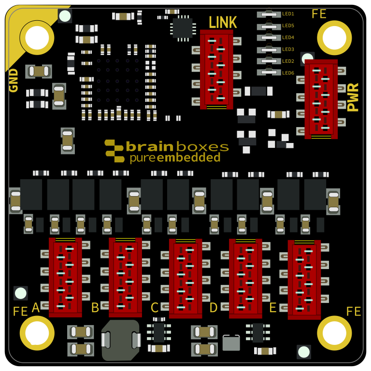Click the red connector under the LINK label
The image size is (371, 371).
(216, 69)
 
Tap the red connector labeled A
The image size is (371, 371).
(65, 277)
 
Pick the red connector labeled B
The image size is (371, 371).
(125, 277)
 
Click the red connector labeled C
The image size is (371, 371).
(185, 278)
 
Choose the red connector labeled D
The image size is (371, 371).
(245, 278)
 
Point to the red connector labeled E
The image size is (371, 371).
(304, 279)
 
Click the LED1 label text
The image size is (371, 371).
(288, 14)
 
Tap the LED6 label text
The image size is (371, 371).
(288, 73)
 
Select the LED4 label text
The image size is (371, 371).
(288, 38)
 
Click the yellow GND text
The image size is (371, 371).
(14, 80)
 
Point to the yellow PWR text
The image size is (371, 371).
(353, 97)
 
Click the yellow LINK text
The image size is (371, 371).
(223, 22)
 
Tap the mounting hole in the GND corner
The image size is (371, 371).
(37, 38)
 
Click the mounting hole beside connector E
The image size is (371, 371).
(334, 333)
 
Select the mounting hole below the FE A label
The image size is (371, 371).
(37, 333)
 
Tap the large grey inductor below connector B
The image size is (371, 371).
(121, 340)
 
